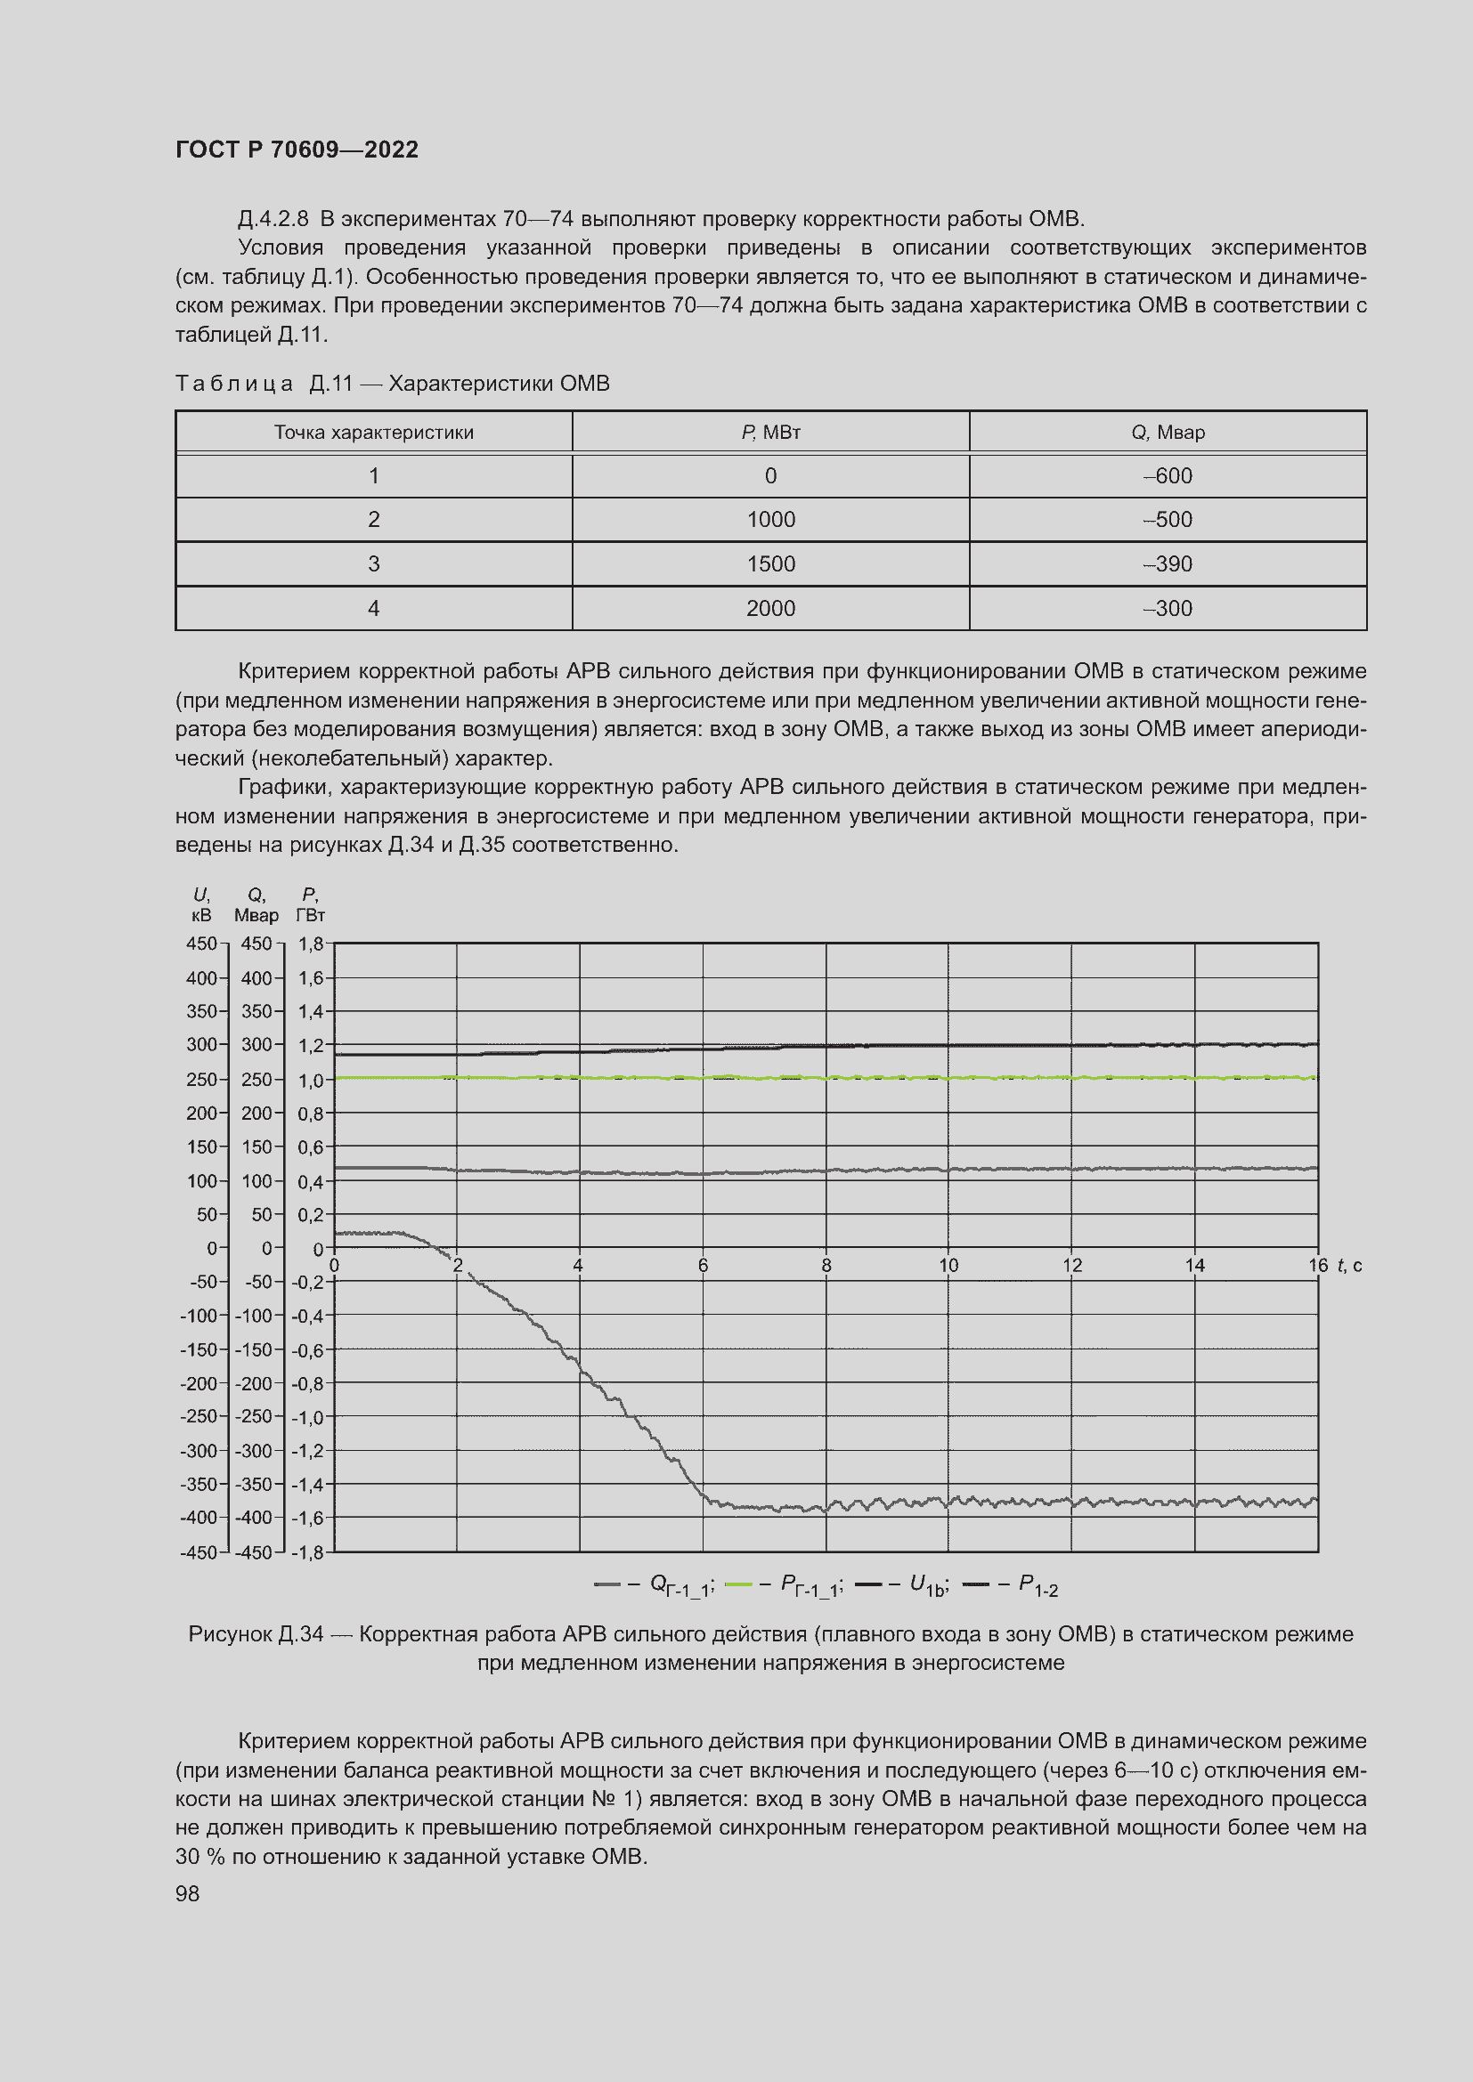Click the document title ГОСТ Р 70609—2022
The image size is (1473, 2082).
coord(297,150)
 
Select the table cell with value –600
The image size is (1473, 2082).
coord(1168,476)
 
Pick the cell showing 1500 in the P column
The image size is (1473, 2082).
coord(770,564)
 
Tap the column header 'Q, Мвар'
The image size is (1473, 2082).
coord(1168,433)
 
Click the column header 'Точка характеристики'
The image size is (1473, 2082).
coord(374,433)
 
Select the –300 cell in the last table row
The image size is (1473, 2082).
coord(1168,609)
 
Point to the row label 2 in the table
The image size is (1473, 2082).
coord(374,520)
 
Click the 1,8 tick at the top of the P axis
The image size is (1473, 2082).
coord(310,944)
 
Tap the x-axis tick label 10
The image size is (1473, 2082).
coord(948,1265)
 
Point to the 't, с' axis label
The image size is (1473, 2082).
coord(1349,1265)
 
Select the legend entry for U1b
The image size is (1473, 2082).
coord(902,1585)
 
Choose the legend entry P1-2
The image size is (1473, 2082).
coord(1011,1585)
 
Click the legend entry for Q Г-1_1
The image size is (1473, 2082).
coord(655,1585)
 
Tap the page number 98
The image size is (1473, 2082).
coord(187,1893)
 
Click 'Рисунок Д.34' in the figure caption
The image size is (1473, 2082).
coord(255,1634)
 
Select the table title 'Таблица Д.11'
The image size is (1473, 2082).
coord(263,384)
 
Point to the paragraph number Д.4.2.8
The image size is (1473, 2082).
coord(273,220)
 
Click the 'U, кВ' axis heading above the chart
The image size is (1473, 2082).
coord(201,905)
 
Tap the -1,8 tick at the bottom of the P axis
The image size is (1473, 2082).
coord(307,1552)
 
